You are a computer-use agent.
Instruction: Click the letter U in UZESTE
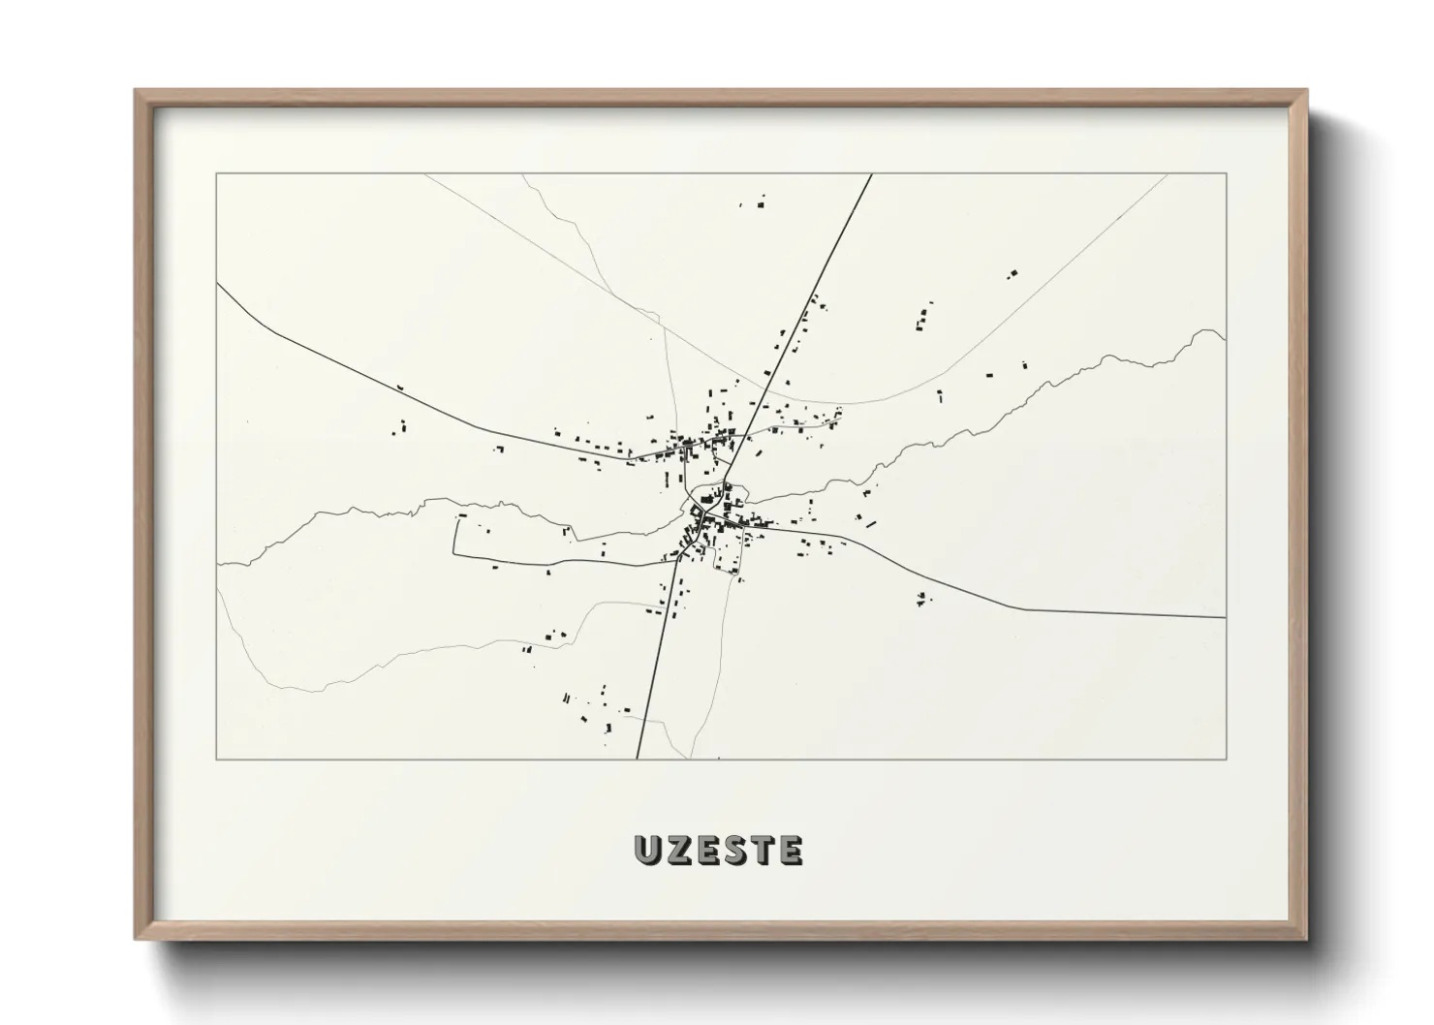pos(646,851)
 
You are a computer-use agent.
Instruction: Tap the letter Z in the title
pos(675,851)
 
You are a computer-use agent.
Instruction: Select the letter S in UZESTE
pos(733,851)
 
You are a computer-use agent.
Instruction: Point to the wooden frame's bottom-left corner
pos(137,939)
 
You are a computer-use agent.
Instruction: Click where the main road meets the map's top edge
pos(872,174)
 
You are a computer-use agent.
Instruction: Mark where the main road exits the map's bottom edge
pos(638,759)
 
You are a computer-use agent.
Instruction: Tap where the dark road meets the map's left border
pos(218,284)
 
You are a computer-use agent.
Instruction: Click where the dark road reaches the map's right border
pos(1226,616)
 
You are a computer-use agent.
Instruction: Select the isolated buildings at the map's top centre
pos(755,203)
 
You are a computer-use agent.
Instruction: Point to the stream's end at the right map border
pos(1225,338)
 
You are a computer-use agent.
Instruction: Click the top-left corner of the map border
pos(217,174)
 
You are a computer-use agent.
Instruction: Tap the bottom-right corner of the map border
pos(1226,760)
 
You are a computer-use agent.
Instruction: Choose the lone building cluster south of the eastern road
pos(922,599)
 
